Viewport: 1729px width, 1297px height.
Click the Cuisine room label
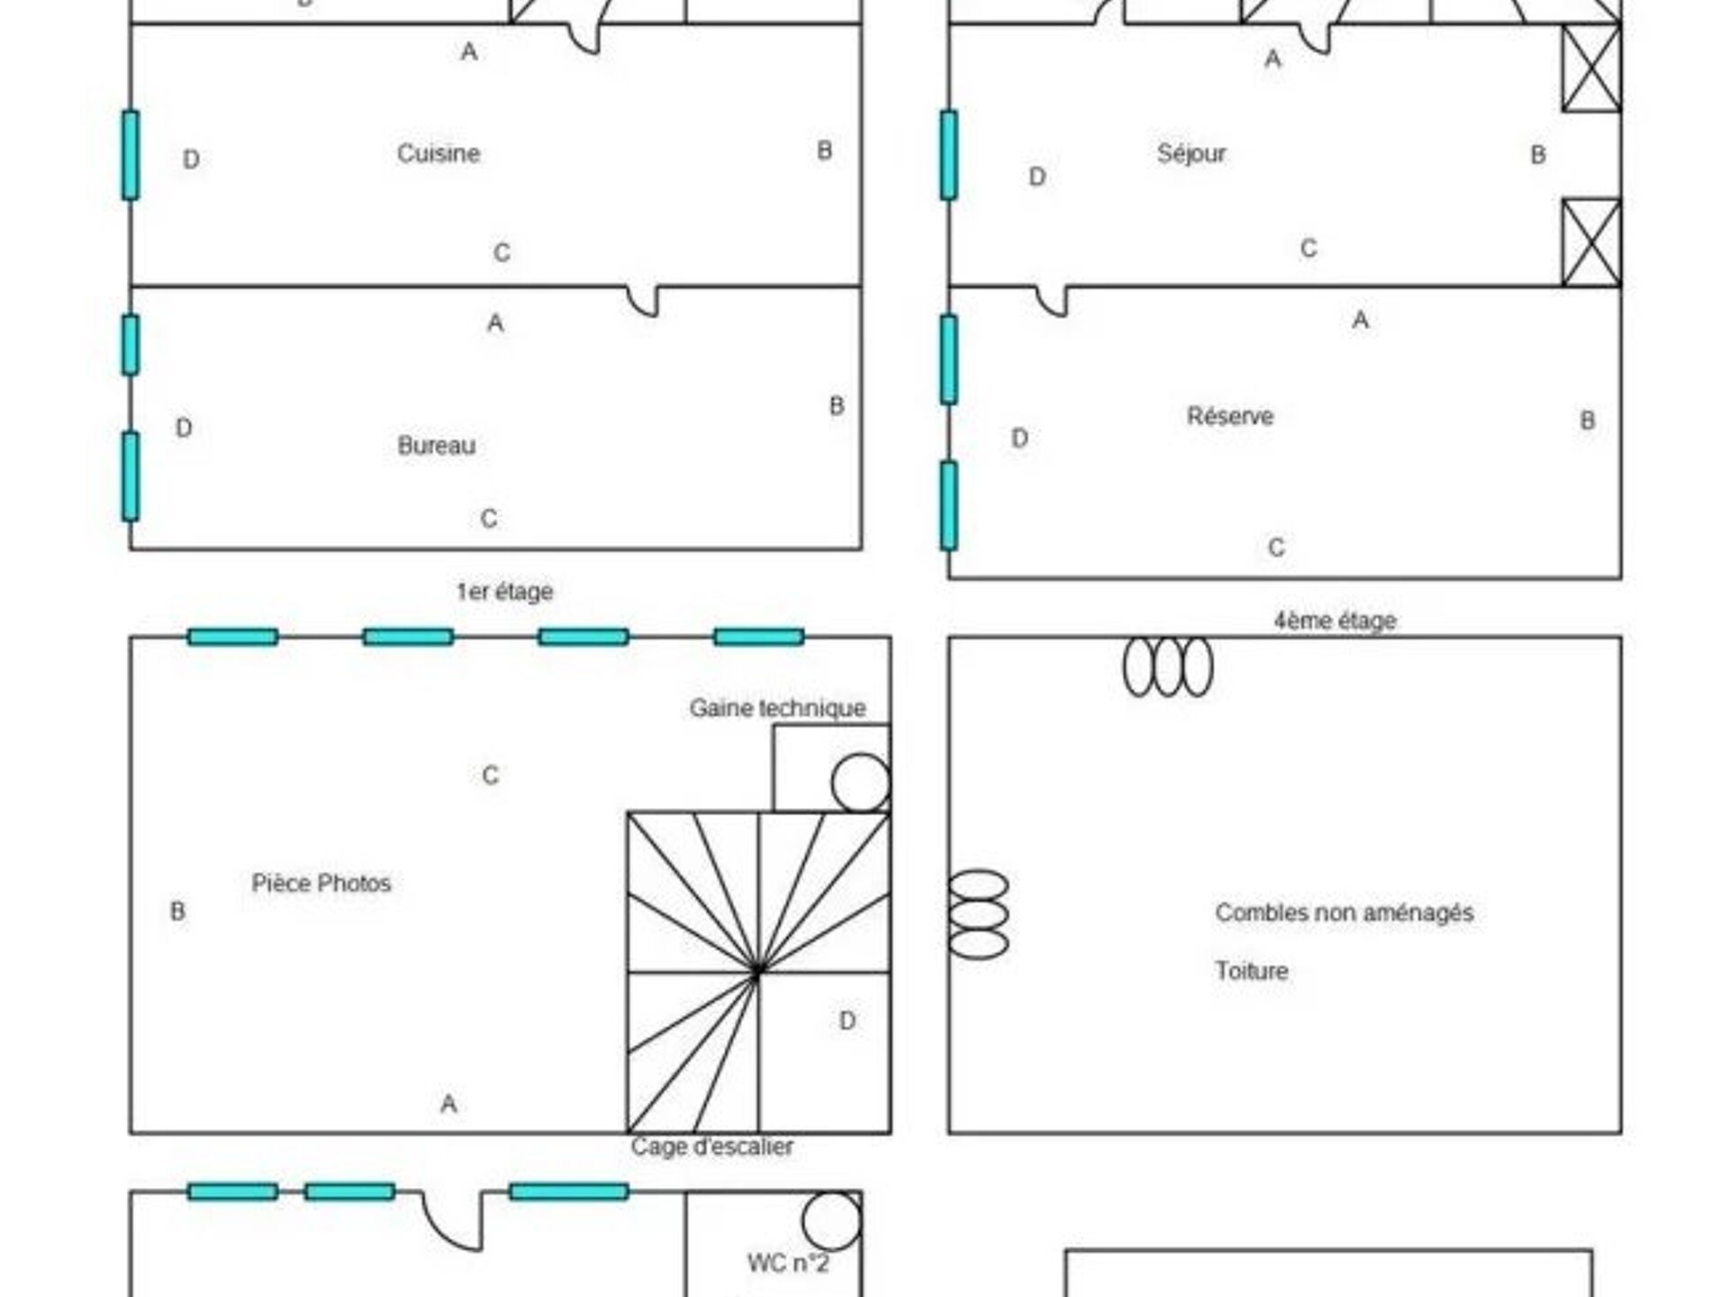(x=439, y=153)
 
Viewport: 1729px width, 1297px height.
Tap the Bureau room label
(x=437, y=445)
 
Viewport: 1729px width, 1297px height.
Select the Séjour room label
(x=1191, y=153)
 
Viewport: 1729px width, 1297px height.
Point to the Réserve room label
(x=1230, y=416)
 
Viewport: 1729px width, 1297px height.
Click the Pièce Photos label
(x=321, y=883)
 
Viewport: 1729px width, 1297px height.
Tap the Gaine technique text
(x=778, y=708)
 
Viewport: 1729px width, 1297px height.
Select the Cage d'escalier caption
(x=712, y=1147)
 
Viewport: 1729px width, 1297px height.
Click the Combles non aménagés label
(x=1344, y=912)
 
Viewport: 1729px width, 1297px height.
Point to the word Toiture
(x=1252, y=971)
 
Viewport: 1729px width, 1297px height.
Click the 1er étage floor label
(x=504, y=592)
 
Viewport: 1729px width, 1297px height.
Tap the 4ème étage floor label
(x=1335, y=621)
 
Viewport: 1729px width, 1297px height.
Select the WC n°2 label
(x=788, y=1263)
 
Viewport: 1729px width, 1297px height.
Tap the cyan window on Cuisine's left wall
(x=131, y=155)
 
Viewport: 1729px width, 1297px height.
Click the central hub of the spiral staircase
(x=757, y=972)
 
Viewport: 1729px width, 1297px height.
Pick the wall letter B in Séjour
(x=1538, y=155)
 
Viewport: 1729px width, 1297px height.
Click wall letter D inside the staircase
(x=847, y=1020)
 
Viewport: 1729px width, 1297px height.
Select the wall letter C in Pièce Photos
(x=490, y=775)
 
